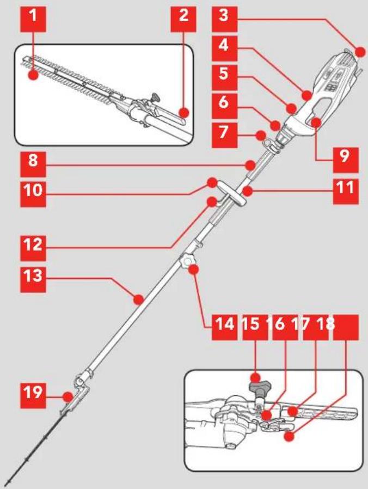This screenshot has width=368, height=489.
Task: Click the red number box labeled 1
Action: click(33, 19)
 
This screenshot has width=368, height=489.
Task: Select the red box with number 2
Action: click(183, 19)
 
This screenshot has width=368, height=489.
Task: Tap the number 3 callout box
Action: click(224, 19)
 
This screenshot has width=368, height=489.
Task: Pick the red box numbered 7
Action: click(224, 135)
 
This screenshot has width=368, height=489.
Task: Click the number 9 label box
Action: click(346, 160)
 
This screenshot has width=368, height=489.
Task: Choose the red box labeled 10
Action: click(33, 194)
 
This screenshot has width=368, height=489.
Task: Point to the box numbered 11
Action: click(346, 192)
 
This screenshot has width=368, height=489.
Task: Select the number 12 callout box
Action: click(33, 248)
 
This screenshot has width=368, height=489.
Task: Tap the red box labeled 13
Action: click(33, 279)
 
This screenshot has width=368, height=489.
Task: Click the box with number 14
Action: click(224, 327)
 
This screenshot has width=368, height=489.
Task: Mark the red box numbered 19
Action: click(33, 396)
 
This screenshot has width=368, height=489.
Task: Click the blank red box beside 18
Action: click(346, 327)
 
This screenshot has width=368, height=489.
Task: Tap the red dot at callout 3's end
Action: click(360, 52)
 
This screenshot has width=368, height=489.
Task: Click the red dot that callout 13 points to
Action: click(138, 299)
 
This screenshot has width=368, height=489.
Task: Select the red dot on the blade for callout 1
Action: click(33, 75)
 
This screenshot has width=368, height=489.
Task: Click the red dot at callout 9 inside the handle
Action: click(316, 122)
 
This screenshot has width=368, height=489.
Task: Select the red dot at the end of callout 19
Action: click(68, 397)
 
